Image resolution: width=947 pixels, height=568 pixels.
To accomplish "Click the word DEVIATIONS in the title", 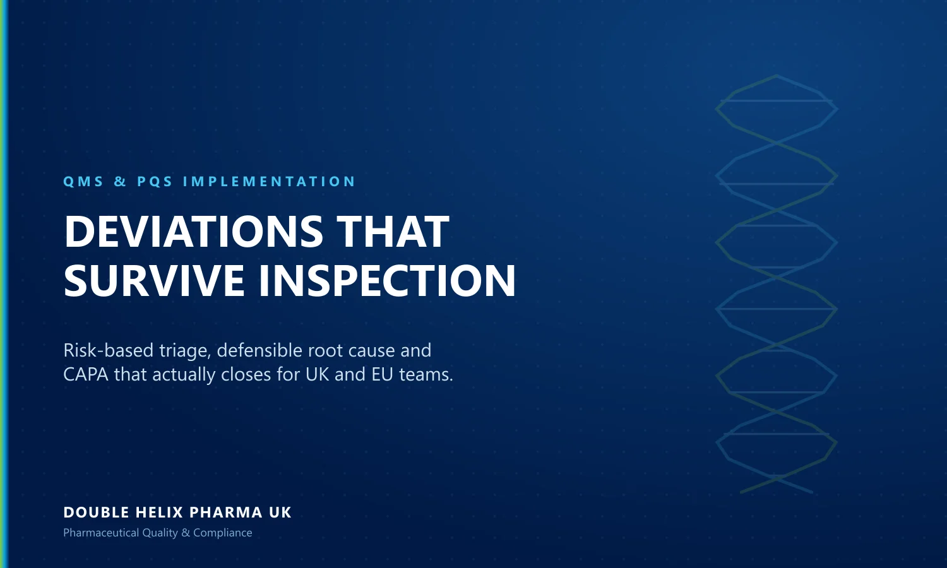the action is [194, 231].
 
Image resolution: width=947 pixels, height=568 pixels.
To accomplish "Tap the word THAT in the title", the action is [393, 231].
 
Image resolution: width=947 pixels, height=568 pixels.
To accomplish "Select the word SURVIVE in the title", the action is [154, 280].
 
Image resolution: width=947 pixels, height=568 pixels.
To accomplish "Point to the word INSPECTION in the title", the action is [387, 280].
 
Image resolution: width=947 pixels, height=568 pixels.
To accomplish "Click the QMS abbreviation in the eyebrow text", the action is [83, 181].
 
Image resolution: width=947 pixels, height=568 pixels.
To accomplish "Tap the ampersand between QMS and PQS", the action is [121, 181].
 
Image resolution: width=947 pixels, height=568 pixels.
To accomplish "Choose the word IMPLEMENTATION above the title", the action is [269, 181].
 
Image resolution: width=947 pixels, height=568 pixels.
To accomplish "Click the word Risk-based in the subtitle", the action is [109, 350].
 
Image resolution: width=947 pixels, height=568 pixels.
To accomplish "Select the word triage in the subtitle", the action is [185, 351].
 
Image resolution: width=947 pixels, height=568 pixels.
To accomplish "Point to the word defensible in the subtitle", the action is [259, 350].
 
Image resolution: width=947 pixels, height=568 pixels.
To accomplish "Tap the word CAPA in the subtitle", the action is [86, 374].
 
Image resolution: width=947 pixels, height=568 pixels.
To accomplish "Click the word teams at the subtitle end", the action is [426, 375].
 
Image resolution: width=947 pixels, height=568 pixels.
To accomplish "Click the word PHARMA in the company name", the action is [226, 512].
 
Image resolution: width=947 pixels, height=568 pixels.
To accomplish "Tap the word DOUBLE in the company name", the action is [97, 512].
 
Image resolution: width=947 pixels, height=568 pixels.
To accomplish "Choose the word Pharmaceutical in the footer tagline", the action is [101, 533].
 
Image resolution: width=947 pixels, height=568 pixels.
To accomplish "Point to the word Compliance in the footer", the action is [222, 533].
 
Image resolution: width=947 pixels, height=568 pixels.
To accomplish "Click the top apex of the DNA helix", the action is [776, 76].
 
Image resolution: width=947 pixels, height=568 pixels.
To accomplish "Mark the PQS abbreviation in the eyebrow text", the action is [155, 181].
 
